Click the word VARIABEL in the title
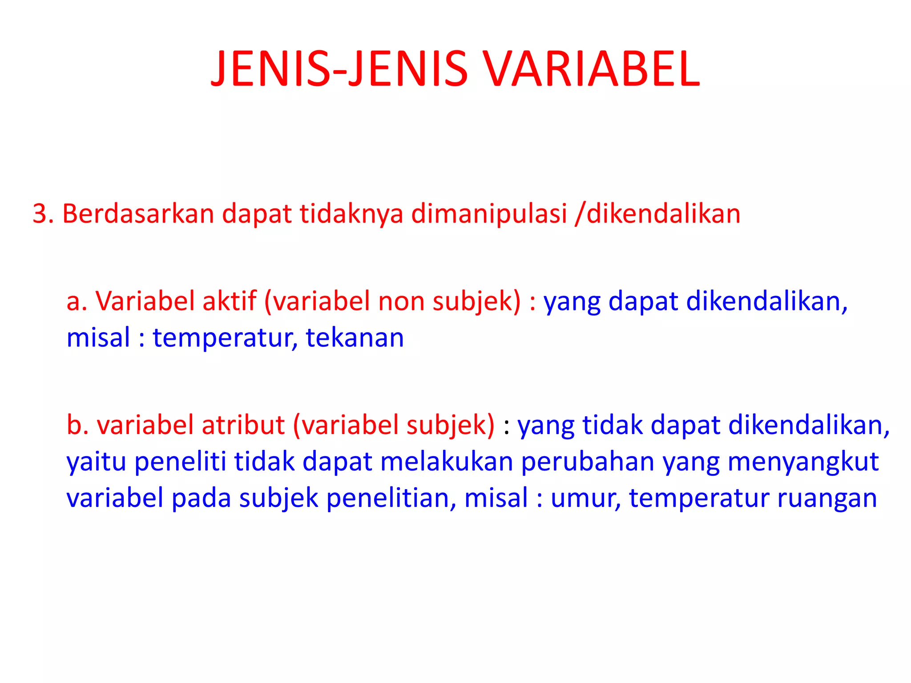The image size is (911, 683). click(x=591, y=69)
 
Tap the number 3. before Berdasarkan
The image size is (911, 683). click(x=43, y=214)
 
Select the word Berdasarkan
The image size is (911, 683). click(x=138, y=214)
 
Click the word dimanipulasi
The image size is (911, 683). click(x=489, y=214)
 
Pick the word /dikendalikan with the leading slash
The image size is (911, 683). click(x=657, y=214)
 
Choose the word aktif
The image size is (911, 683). click(x=230, y=301)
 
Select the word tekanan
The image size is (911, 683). click(x=355, y=338)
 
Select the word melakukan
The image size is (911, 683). click(x=447, y=462)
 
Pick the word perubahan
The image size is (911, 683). click(x=587, y=462)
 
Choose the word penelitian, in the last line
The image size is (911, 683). click(x=391, y=498)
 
